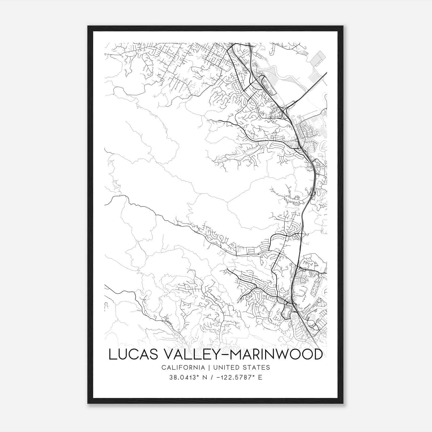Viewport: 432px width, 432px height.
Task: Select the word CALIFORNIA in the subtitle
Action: [183, 367]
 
